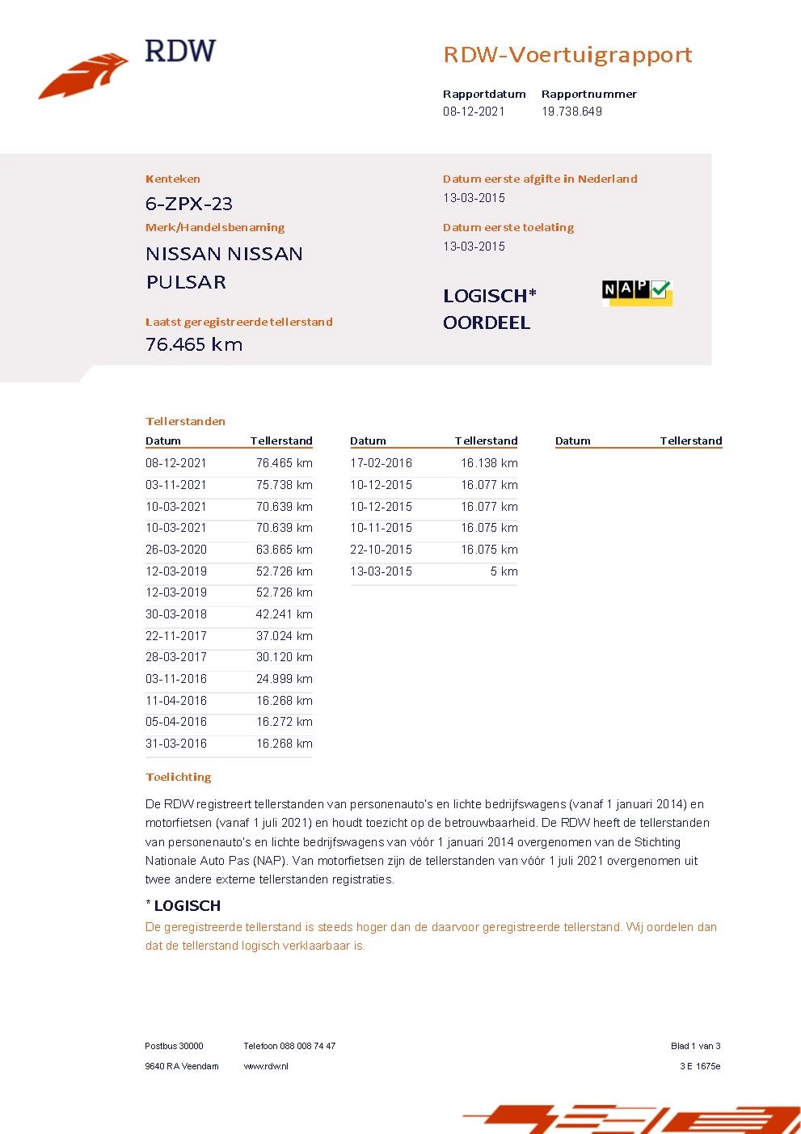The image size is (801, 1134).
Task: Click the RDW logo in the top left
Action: pyautogui.click(x=127, y=69)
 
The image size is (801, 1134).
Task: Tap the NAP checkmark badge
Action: pyautogui.click(x=637, y=292)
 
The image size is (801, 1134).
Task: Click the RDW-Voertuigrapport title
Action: pyautogui.click(x=567, y=55)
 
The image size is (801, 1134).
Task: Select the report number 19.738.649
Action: pyautogui.click(x=571, y=112)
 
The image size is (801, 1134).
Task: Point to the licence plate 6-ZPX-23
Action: pyautogui.click(x=189, y=204)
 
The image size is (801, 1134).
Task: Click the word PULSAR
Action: pyautogui.click(x=186, y=282)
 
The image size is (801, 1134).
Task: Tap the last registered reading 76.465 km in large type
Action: pyautogui.click(x=194, y=344)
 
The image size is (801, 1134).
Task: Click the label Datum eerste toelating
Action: pyautogui.click(x=508, y=227)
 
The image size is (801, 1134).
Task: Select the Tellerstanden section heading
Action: pyautogui.click(x=185, y=421)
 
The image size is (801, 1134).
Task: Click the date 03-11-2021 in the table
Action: pyautogui.click(x=176, y=485)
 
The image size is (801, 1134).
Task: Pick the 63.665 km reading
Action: pyautogui.click(x=284, y=550)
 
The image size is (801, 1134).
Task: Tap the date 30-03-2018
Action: pyautogui.click(x=176, y=614)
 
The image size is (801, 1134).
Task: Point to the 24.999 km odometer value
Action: pyautogui.click(x=284, y=679)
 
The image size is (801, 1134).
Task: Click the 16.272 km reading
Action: pyautogui.click(x=284, y=722)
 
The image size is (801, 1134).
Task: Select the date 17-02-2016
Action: pyautogui.click(x=381, y=463)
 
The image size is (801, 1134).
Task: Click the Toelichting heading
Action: pyautogui.click(x=179, y=777)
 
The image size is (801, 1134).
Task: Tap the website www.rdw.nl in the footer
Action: pyautogui.click(x=266, y=1066)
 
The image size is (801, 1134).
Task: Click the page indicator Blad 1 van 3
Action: pyautogui.click(x=695, y=1046)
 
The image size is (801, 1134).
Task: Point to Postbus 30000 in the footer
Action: pyautogui.click(x=174, y=1046)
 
